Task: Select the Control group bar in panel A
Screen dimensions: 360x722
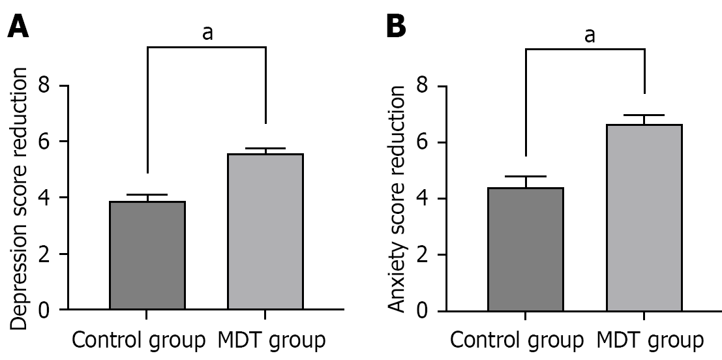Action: (x=147, y=255)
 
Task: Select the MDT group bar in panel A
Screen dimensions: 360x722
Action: (x=265, y=232)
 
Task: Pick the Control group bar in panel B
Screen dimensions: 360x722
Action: (x=526, y=248)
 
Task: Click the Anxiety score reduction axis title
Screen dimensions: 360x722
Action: (x=397, y=199)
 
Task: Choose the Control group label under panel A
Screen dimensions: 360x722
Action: (x=138, y=340)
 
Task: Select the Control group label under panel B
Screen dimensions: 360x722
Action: (x=517, y=340)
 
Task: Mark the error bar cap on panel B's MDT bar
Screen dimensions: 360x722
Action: (x=644, y=115)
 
